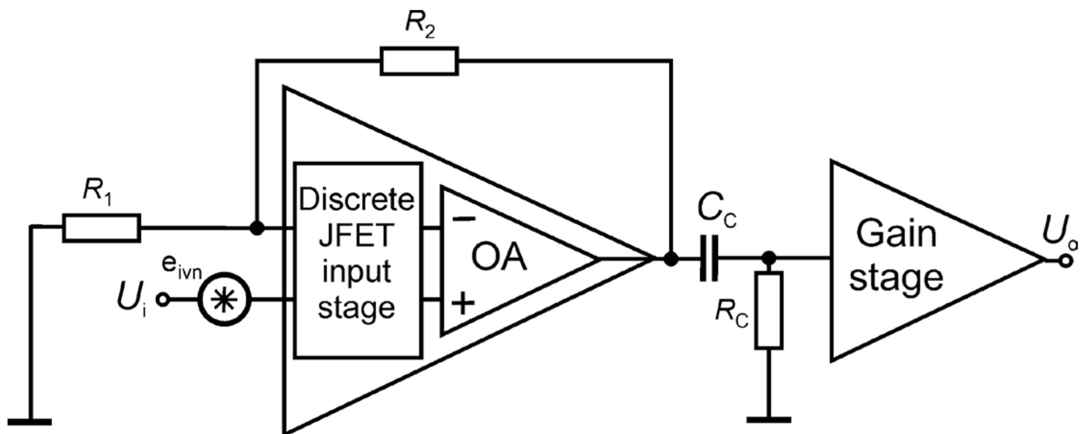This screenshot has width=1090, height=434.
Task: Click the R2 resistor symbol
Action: (x=419, y=61)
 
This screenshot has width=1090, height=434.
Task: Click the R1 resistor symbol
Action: (x=102, y=228)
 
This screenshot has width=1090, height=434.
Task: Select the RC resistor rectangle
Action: (x=769, y=310)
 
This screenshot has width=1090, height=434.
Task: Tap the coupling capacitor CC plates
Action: (x=708, y=258)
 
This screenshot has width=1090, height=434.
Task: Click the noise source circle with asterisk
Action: (x=224, y=300)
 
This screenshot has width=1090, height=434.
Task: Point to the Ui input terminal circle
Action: (x=163, y=300)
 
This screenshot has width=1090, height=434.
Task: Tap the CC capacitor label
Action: (x=716, y=210)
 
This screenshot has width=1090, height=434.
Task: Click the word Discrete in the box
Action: (x=357, y=199)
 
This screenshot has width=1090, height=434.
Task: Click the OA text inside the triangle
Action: (x=499, y=257)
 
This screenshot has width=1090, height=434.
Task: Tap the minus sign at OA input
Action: (x=464, y=219)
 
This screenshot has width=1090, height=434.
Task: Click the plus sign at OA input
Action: (x=463, y=303)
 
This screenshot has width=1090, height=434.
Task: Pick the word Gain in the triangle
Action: (x=896, y=234)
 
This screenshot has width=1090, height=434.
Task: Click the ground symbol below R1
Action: (x=30, y=422)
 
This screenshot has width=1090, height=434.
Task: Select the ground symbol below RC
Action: (x=769, y=420)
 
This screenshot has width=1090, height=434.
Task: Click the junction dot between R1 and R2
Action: (x=257, y=228)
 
